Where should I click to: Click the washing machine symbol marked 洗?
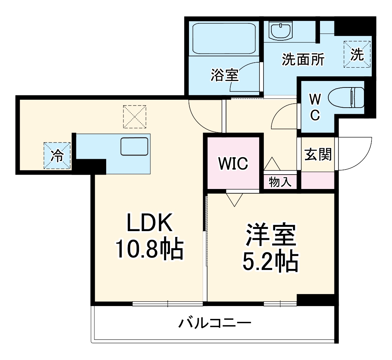point(357,54)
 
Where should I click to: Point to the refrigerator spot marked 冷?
point(57,156)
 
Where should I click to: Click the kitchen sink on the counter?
point(134,147)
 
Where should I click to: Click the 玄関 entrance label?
point(318,154)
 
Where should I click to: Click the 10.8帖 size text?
point(149,248)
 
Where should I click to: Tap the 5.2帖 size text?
point(270,262)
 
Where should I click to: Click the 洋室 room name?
point(271,236)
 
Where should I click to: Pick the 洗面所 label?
point(303,59)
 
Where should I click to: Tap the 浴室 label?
point(224,75)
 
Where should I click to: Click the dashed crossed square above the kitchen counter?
point(135,117)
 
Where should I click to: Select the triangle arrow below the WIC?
point(235,199)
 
